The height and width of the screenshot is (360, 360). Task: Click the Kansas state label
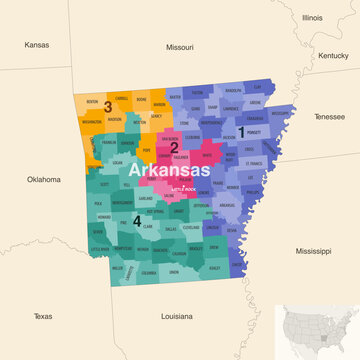coord(37,45)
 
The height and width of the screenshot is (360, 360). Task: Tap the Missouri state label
coord(179,47)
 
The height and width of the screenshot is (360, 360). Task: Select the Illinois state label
coord(312,18)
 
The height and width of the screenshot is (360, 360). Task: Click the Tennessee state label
coord(329,116)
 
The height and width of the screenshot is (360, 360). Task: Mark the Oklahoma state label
coord(43,179)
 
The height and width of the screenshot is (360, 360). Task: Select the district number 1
coord(240,131)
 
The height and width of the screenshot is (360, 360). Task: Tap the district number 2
coord(174,147)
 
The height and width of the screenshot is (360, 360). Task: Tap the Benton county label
coord(93,102)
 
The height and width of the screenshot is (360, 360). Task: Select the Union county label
coord(174,272)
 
